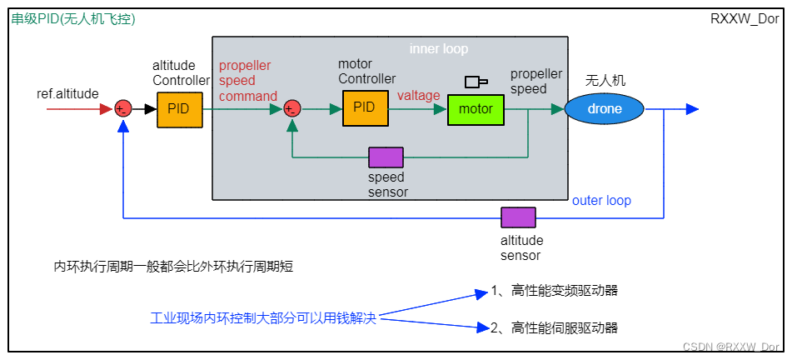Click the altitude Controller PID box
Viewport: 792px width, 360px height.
[x=179, y=109]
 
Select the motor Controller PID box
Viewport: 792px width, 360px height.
[x=365, y=107]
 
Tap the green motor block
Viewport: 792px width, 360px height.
[x=476, y=109]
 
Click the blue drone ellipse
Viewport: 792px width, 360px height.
[x=604, y=109]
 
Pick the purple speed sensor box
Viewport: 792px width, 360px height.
[x=386, y=157]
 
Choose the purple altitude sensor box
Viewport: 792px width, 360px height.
[x=518, y=218]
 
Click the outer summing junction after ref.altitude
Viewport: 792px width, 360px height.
[x=123, y=108]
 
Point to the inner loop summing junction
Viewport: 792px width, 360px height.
[x=292, y=108]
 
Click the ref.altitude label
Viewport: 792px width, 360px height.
[x=67, y=93]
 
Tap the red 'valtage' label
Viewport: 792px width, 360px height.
[x=418, y=96]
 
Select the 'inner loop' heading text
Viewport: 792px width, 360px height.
[x=439, y=49]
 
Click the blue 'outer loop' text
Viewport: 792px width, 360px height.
[x=601, y=201]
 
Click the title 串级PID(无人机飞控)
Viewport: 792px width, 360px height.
[x=73, y=19]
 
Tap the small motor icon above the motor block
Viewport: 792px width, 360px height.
[x=476, y=82]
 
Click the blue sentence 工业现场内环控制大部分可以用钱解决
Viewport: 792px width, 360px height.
[x=263, y=317]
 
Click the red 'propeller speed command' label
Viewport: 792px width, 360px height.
[x=248, y=81]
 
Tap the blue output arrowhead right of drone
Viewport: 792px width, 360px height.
[x=691, y=109]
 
